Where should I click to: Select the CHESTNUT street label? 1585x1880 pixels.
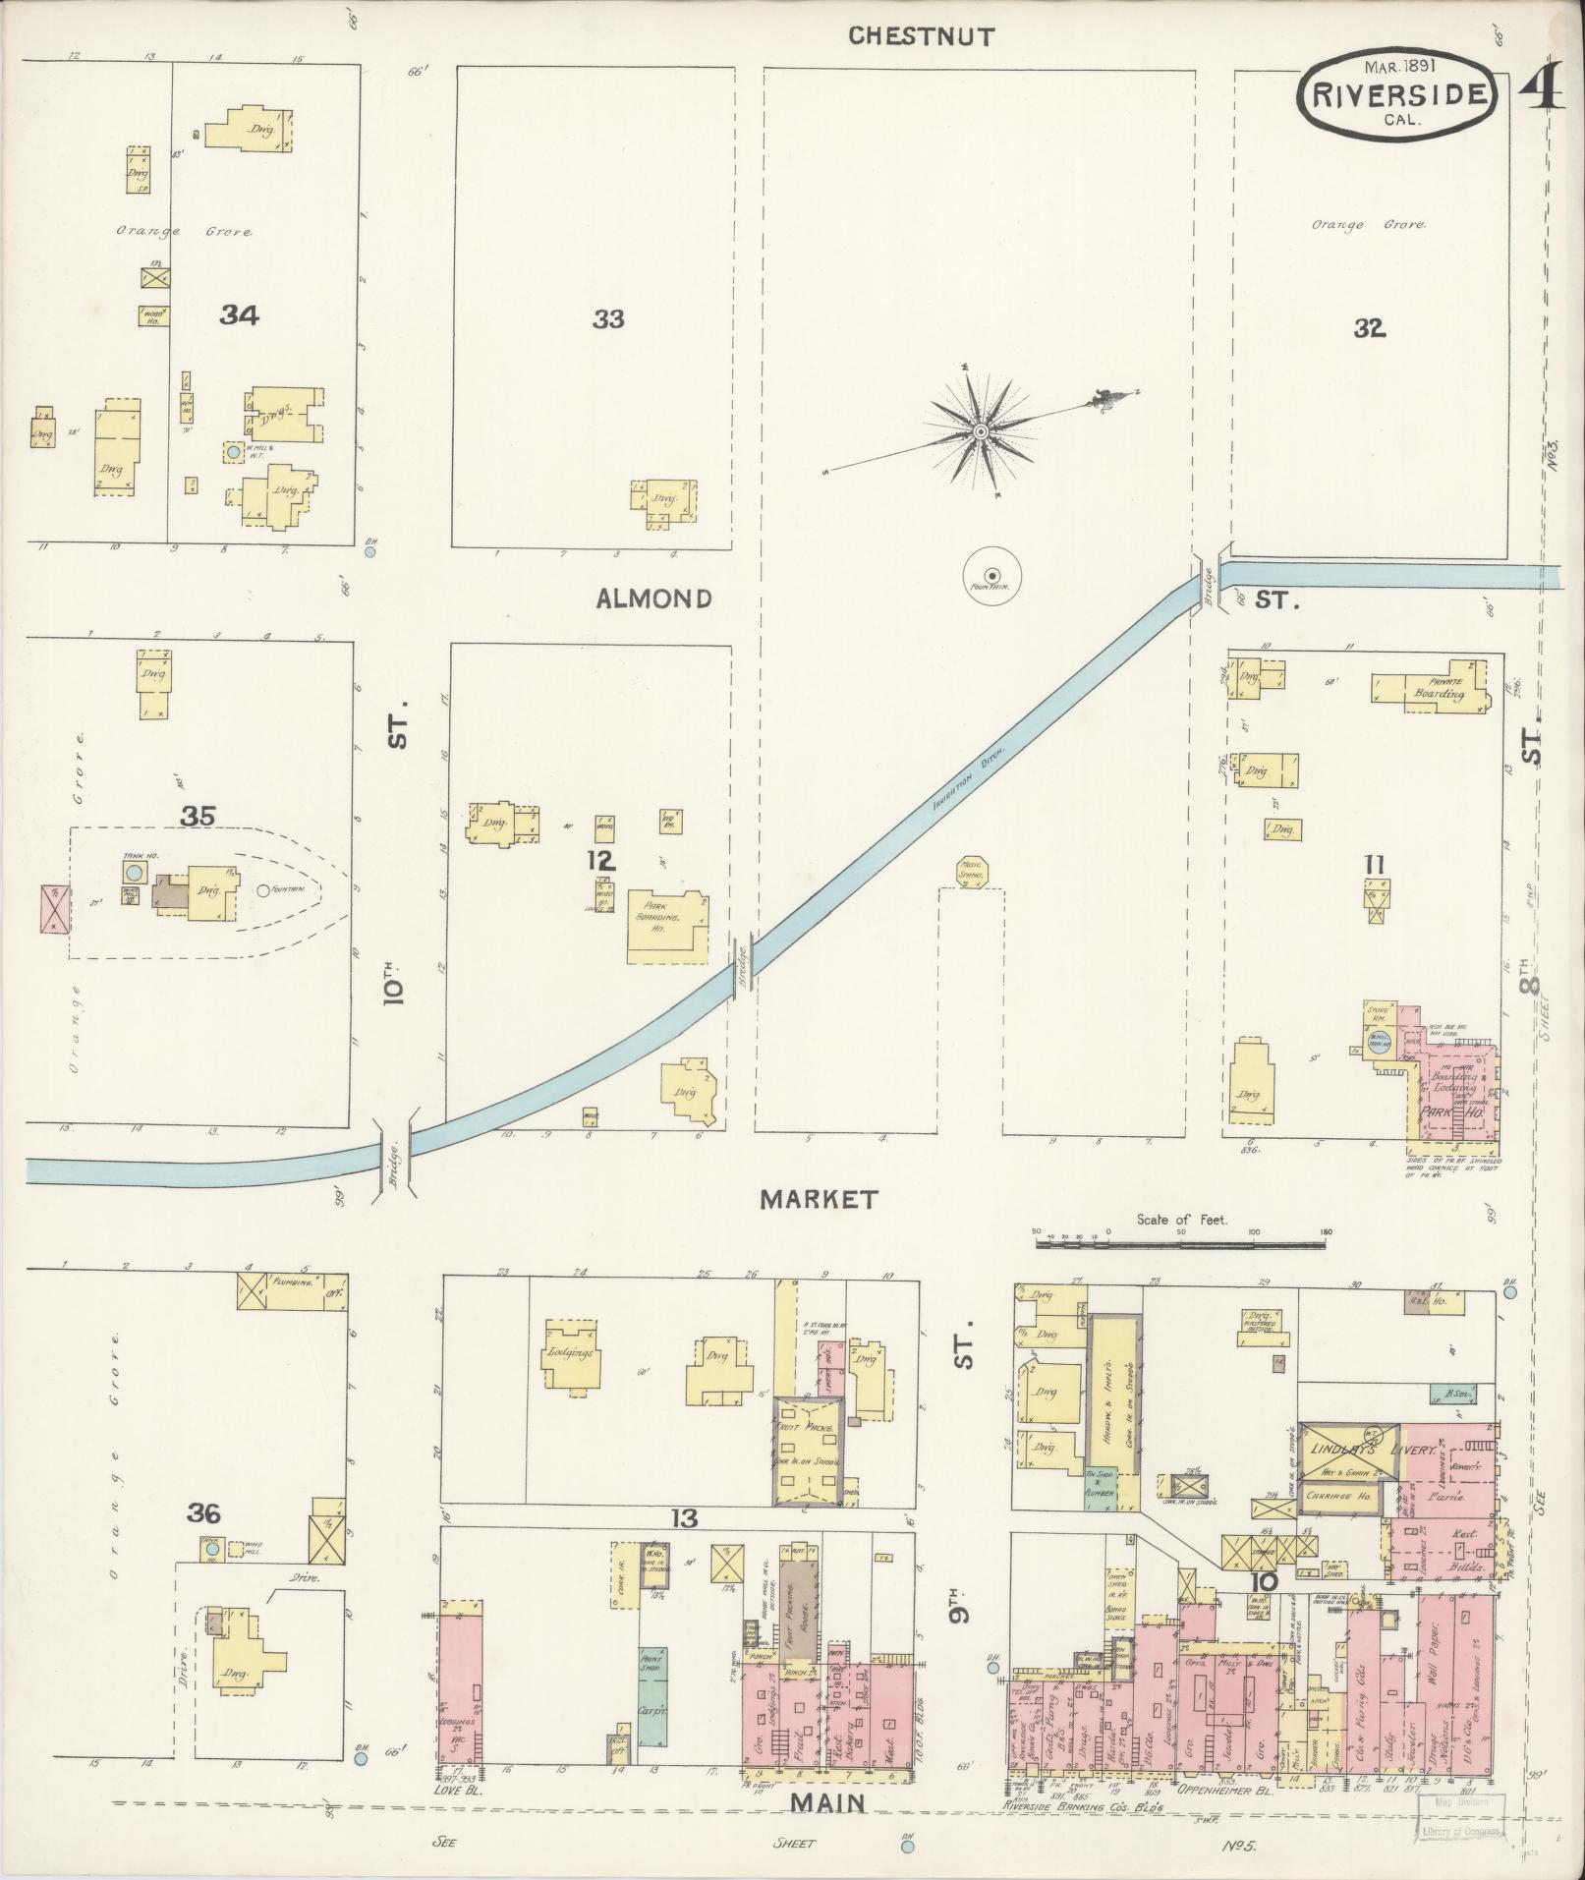(x=921, y=36)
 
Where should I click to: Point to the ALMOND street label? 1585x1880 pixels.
(x=653, y=598)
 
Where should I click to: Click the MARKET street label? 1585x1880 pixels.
(x=818, y=1199)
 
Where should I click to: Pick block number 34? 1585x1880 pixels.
(x=239, y=315)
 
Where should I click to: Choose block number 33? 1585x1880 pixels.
(x=608, y=318)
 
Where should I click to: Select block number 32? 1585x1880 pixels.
(x=1368, y=328)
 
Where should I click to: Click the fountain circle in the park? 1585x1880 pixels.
(x=991, y=574)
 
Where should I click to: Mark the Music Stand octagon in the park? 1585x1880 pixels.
(x=970, y=872)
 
